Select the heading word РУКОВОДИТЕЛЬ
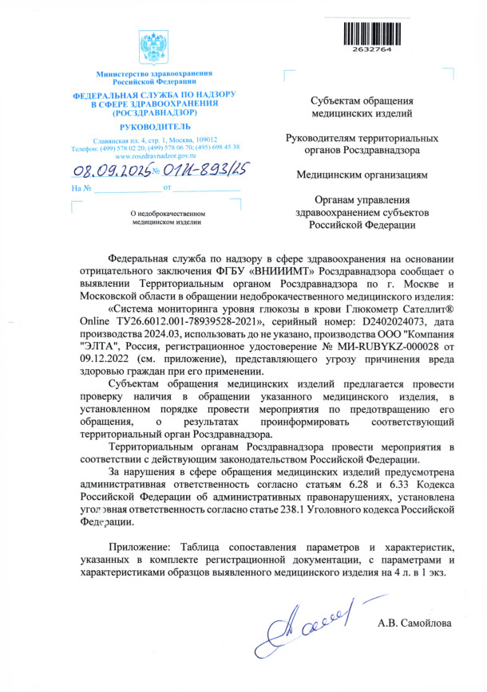click(x=154, y=127)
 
